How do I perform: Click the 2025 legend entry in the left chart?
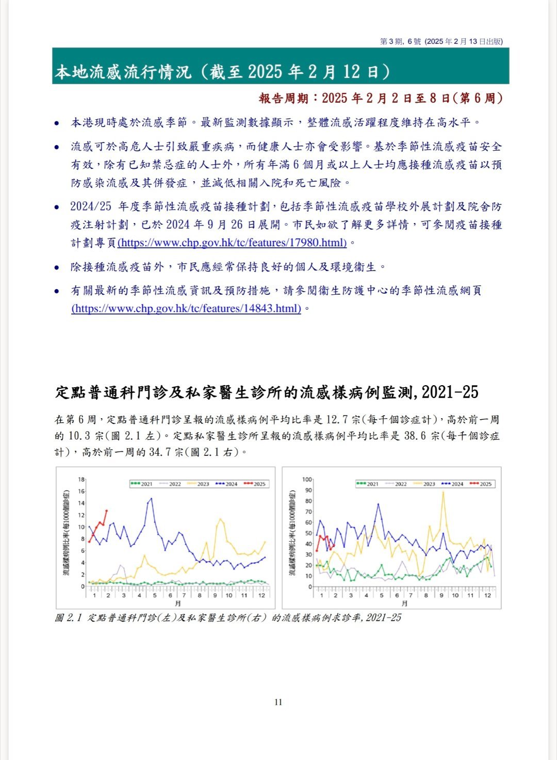255,484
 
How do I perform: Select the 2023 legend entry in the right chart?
424,484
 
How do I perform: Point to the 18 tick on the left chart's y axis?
81,480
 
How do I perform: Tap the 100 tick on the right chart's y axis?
307,480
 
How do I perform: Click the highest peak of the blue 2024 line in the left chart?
151,499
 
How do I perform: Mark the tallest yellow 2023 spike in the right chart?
443,492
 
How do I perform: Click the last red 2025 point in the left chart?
107,511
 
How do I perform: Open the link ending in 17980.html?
232,243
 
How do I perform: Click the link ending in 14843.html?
186,309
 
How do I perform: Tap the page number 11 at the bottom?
278,702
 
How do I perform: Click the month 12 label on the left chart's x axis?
261,595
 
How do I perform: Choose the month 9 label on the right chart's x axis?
441,595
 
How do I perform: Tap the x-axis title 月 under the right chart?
405,603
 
